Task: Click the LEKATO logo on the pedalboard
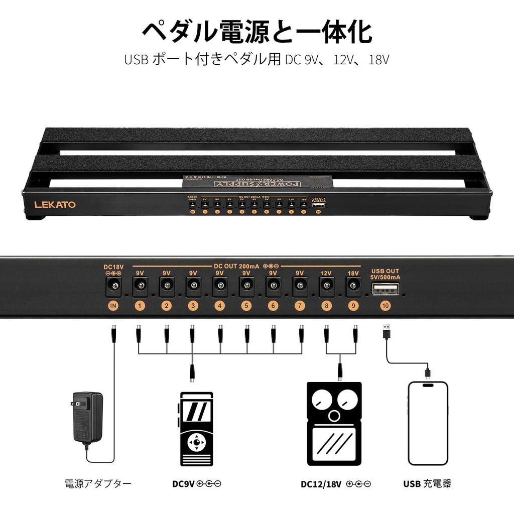[x=55, y=204]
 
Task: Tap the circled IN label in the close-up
[x=113, y=306]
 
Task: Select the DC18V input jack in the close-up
[x=113, y=287]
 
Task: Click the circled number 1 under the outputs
[x=140, y=306]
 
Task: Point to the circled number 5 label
[x=246, y=306]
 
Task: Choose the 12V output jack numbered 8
[x=326, y=287]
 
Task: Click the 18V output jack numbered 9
[x=353, y=287]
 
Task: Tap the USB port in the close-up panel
[x=385, y=288]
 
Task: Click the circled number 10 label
[x=385, y=306]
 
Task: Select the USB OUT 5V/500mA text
[x=385, y=274]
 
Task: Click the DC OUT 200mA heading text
[x=237, y=266]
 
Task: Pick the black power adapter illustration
[x=87, y=417]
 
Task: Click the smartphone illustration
[x=428, y=423]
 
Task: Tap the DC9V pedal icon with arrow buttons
[x=196, y=429]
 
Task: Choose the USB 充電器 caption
[x=427, y=484]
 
